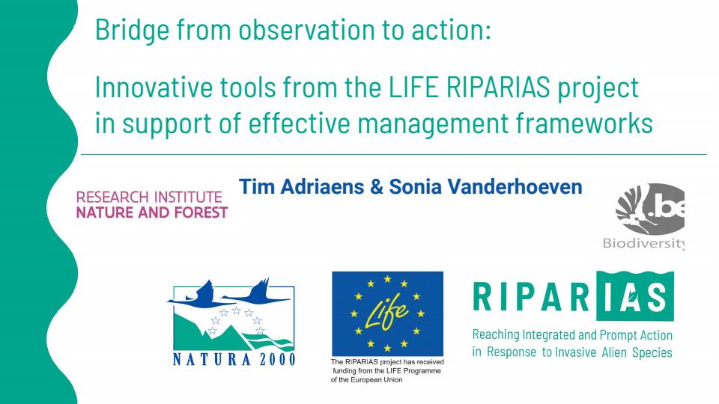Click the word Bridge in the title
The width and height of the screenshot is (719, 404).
click(132, 30)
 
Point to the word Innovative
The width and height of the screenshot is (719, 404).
click(154, 87)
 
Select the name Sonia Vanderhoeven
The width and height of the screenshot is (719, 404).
click(485, 186)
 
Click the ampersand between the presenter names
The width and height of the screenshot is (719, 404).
click(377, 187)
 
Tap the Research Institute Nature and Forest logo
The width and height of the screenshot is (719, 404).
click(152, 205)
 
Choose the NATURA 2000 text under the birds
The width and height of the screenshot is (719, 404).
click(234, 359)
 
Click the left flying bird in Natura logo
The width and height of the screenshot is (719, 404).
click(196, 295)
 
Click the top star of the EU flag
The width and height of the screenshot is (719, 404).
click(387, 279)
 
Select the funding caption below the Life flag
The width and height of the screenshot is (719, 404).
click(387, 370)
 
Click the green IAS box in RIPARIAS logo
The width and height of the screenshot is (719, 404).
click(635, 296)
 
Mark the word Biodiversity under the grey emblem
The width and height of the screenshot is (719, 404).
click(644, 243)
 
